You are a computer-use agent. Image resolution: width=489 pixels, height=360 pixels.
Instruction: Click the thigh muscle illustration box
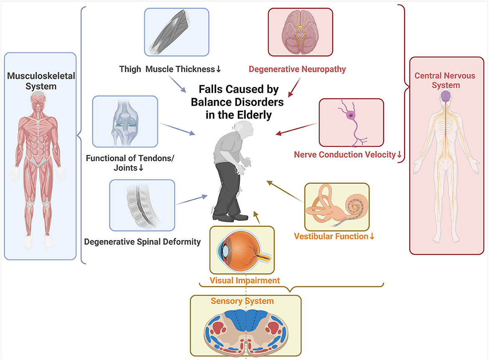point(176,32)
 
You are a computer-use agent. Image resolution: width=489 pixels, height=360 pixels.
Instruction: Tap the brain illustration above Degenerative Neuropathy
point(300,32)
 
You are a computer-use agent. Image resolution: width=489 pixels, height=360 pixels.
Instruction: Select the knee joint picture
point(125,122)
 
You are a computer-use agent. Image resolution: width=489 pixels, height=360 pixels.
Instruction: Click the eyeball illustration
point(241,249)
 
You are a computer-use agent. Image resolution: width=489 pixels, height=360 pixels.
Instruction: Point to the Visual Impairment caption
point(245,280)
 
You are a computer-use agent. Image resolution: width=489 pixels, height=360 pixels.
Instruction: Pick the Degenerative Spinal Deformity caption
point(143,242)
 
